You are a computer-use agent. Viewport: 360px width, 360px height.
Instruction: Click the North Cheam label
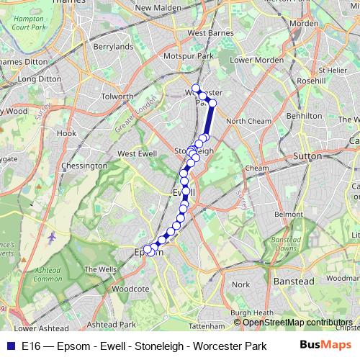[x=247, y=121]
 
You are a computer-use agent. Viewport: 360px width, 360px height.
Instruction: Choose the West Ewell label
[x=136, y=153]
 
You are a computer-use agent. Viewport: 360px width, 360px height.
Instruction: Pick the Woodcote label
[x=130, y=289]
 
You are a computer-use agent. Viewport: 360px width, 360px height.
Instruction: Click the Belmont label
[x=289, y=215]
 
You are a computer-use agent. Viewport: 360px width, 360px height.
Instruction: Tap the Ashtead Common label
[x=48, y=273]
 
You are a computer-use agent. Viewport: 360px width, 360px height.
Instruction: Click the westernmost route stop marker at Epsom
[x=148, y=250]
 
